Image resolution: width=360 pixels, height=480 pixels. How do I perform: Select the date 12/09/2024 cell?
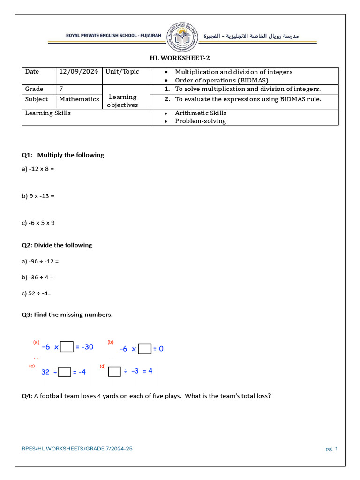point(78,72)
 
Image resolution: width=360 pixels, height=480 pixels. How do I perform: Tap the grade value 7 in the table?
point(61,89)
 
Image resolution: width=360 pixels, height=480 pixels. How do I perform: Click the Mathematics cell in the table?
point(79,99)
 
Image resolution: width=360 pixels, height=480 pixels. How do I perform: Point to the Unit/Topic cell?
point(122,72)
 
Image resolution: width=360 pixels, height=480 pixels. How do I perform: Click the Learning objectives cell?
point(123,101)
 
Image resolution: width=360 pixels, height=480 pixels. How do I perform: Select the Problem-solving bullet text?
point(200,121)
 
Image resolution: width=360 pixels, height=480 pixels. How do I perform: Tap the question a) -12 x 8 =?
point(38,168)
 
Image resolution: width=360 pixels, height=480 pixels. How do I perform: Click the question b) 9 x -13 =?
point(38,195)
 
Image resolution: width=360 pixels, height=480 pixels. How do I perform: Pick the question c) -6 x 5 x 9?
point(38,223)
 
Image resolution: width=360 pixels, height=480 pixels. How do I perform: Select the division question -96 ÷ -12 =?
point(40,261)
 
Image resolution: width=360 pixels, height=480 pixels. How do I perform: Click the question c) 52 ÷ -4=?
point(36,293)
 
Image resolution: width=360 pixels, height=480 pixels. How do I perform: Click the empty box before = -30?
point(67,347)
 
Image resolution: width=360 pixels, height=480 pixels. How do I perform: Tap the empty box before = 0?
point(145,349)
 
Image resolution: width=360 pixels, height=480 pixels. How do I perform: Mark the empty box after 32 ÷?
point(65,372)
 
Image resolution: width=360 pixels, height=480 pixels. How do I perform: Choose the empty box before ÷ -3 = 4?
point(114,371)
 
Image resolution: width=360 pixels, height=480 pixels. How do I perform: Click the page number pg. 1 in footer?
point(331,449)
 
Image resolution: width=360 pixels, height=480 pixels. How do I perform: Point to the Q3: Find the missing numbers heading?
point(67,315)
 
